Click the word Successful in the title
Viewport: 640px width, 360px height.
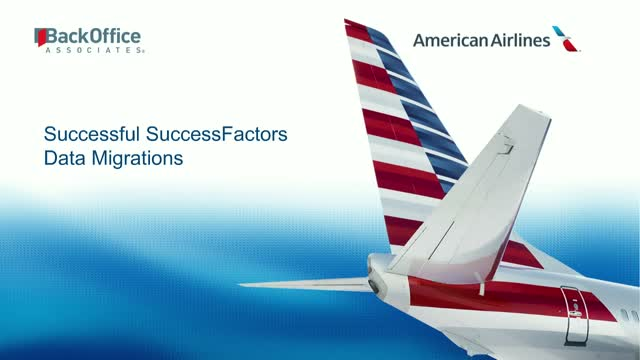pyautogui.click(x=93, y=134)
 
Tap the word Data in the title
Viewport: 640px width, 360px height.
pyautogui.click(x=62, y=157)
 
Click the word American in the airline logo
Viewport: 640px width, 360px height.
pyautogui.click(x=450, y=40)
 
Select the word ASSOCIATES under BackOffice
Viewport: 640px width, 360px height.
pyautogui.click(x=95, y=49)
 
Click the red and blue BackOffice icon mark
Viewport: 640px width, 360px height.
pyautogui.click(x=40, y=38)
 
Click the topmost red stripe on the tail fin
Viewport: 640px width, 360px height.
pyautogui.click(x=357, y=31)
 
